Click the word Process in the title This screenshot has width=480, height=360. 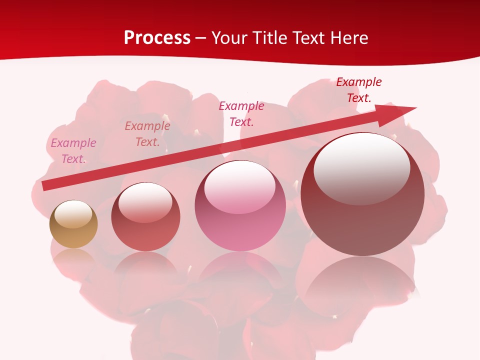click(x=157, y=38)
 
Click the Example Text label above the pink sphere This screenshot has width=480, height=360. click(x=241, y=114)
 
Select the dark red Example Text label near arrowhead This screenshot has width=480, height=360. click(x=359, y=90)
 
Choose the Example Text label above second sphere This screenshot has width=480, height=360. click(x=147, y=134)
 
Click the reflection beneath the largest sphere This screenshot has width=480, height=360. click(x=362, y=285)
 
